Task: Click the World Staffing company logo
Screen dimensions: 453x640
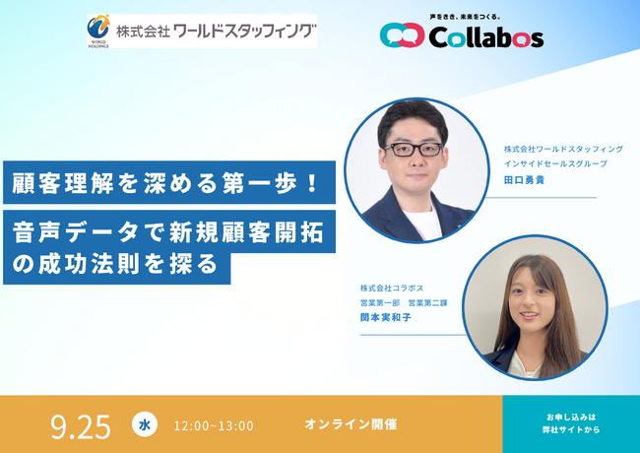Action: point(202,31)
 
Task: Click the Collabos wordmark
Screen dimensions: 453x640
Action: point(485,37)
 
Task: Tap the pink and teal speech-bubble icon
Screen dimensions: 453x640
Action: point(402,36)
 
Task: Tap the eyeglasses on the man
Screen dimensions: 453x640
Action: point(412,149)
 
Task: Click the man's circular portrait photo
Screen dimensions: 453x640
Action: point(416,170)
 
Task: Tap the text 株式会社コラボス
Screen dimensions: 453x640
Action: point(392,288)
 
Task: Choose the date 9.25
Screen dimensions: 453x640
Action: point(81,425)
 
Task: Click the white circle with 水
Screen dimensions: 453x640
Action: point(144,424)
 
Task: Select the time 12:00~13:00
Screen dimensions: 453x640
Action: point(213,425)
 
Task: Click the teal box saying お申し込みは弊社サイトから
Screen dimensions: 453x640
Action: point(571,423)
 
